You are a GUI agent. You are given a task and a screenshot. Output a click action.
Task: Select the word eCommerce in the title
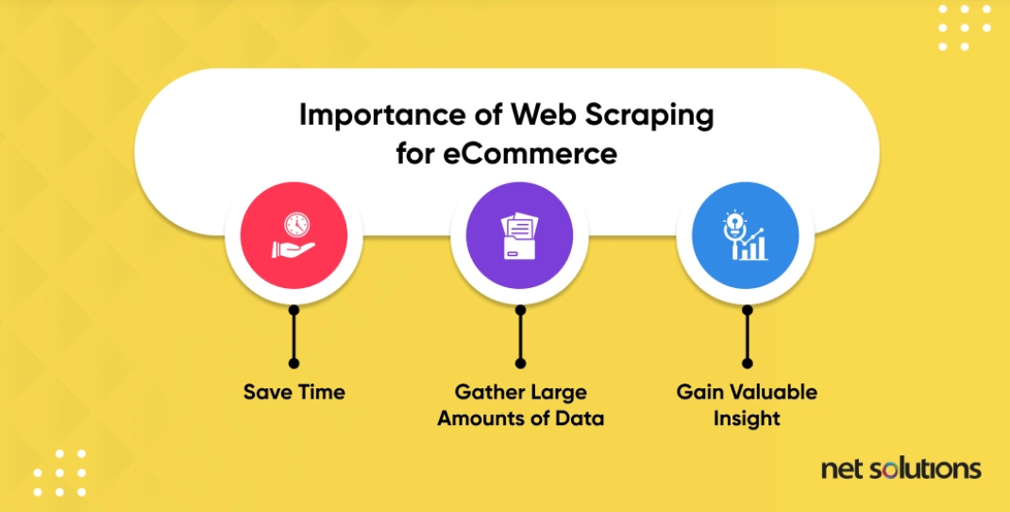[x=530, y=152]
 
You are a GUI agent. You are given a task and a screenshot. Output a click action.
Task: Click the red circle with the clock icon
[x=293, y=236]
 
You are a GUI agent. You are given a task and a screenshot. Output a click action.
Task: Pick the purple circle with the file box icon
[x=520, y=236]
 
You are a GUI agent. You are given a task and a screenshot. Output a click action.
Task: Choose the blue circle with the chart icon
[x=746, y=236]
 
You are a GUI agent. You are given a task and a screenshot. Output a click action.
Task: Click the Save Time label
[x=294, y=392]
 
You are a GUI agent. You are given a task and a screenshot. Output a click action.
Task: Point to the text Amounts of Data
[x=520, y=418]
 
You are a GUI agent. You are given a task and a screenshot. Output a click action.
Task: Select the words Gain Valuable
[x=747, y=392]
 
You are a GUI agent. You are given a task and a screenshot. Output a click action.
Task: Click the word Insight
[x=747, y=418]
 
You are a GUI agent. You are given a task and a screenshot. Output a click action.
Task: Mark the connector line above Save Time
[x=294, y=335]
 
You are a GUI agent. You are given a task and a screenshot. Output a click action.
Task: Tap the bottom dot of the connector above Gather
[x=520, y=363]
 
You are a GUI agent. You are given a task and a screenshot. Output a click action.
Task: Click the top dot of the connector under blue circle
[x=747, y=308]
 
